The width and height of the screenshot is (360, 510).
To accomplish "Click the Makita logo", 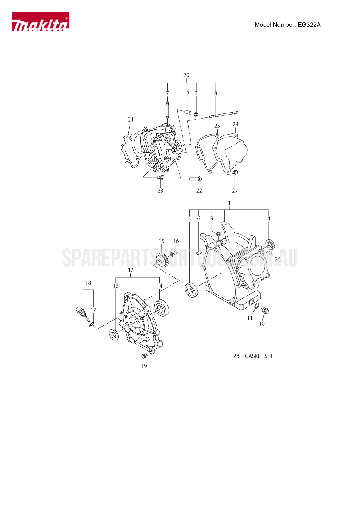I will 40,22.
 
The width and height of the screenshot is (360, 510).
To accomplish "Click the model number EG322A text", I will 287,25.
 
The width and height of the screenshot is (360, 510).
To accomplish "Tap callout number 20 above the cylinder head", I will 186,75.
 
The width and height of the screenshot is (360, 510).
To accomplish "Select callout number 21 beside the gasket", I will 131,120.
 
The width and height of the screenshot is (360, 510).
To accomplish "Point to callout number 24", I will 236,124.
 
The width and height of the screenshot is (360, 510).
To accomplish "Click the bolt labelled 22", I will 196,179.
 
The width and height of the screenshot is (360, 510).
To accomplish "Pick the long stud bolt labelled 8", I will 224,115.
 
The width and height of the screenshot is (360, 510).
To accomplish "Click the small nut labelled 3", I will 196,114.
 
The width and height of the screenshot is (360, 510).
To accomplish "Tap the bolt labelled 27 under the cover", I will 235,172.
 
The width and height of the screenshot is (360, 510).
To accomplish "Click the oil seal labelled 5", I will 191,290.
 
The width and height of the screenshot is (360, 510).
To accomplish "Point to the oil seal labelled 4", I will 270,244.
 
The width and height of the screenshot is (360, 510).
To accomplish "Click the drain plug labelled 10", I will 265,310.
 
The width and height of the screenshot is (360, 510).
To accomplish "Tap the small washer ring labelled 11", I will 257,306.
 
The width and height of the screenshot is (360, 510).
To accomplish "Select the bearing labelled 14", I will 161,308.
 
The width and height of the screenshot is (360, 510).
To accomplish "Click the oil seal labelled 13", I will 114,334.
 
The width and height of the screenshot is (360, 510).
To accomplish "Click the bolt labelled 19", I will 144,355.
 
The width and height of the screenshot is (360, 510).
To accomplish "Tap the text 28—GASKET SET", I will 253,356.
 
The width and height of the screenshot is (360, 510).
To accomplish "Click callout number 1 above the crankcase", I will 229,203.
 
